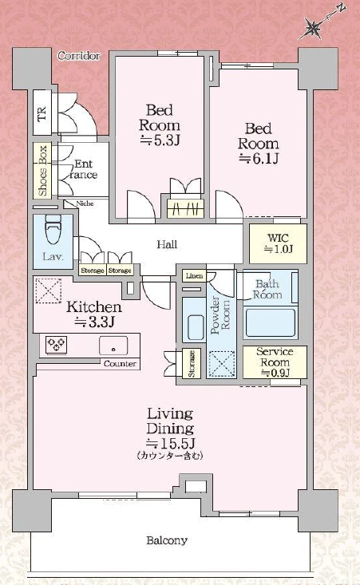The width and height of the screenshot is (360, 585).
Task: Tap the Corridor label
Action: [x=79, y=56]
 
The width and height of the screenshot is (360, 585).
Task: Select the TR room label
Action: [x=42, y=113]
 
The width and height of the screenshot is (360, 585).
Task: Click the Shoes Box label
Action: [x=42, y=171]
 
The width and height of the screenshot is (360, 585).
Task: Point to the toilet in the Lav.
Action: [x=53, y=229]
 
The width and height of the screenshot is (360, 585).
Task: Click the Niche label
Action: [x=85, y=204]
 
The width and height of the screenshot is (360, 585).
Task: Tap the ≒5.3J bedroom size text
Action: [x=160, y=140]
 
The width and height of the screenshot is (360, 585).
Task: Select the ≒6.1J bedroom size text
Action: [x=259, y=159]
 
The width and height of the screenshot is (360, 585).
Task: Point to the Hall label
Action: [x=167, y=245]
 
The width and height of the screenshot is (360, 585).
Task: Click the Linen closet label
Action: [x=194, y=276]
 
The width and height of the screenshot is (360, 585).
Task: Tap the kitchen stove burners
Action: [x=57, y=345]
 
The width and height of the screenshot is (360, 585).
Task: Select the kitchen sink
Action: [x=113, y=346]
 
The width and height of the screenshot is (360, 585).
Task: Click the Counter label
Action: [x=120, y=364]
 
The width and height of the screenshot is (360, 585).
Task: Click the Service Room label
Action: [x=275, y=357]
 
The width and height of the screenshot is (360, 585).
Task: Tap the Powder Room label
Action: [x=220, y=315]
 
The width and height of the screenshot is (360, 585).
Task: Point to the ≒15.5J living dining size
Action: [x=171, y=444]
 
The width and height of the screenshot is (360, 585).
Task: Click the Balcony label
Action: [x=167, y=540]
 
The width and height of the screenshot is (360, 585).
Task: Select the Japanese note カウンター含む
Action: [x=170, y=456]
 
